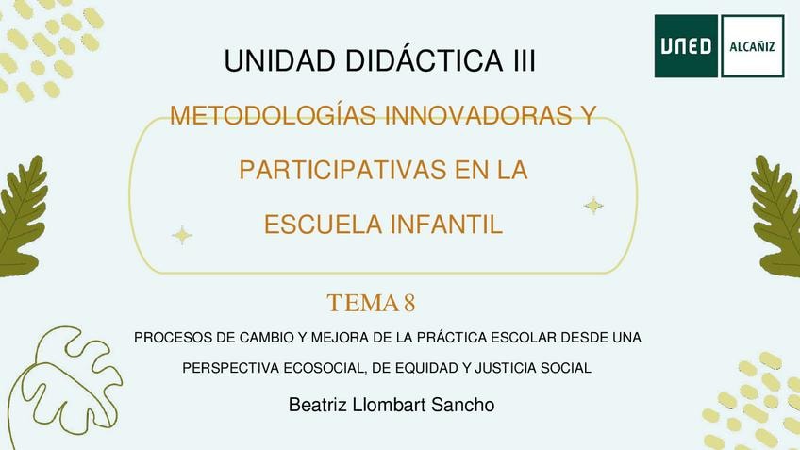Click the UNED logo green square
(x=686, y=46)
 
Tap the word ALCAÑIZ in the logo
(x=752, y=47)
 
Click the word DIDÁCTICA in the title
(x=425, y=59)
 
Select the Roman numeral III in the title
(x=523, y=60)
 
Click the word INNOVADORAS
(x=478, y=115)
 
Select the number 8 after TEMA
(x=409, y=303)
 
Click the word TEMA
(x=362, y=303)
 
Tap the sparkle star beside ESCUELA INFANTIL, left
(x=182, y=235)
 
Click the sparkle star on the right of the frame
(x=593, y=206)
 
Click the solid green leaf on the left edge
(x=22, y=217)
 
